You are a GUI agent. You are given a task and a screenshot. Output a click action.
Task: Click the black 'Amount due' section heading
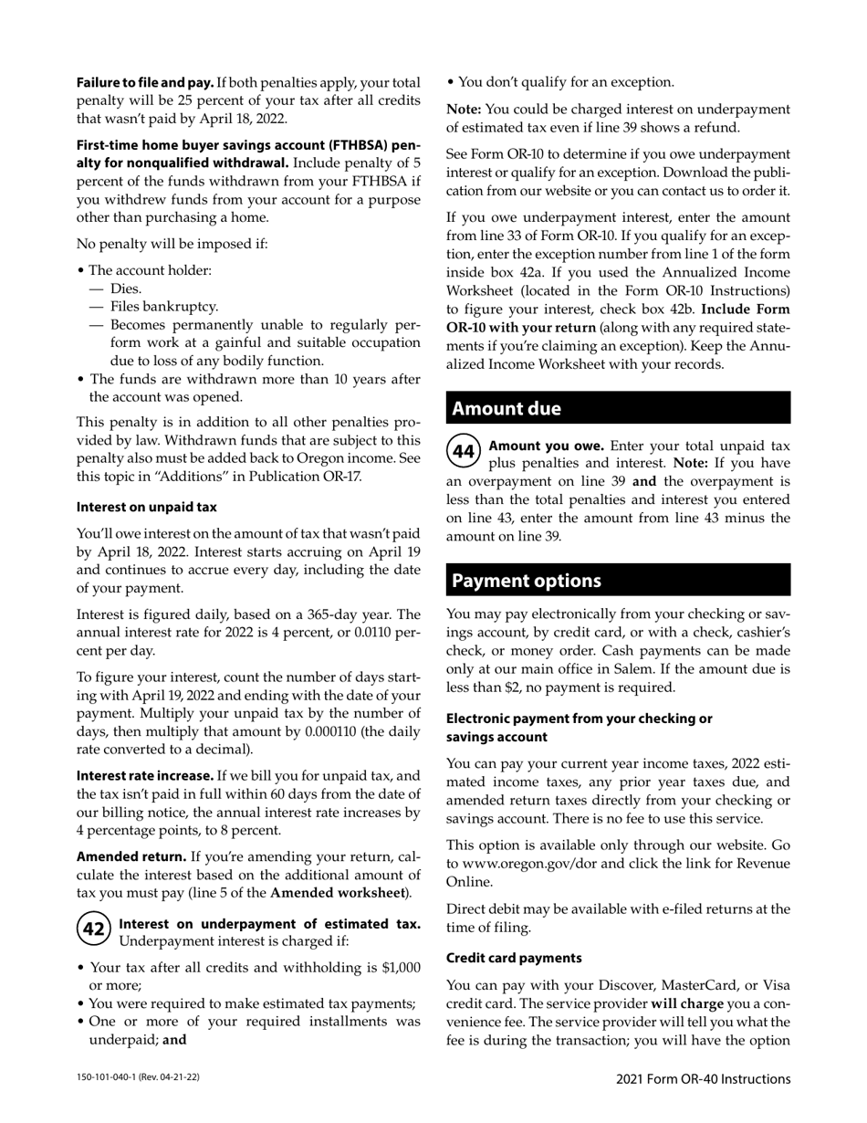point(618,408)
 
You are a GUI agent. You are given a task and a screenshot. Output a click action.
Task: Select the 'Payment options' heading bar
point(618,581)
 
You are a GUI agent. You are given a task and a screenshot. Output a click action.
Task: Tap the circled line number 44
point(464,451)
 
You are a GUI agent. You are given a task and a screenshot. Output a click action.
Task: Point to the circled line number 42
point(93,929)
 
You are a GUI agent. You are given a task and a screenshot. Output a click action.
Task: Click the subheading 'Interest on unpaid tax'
point(146,507)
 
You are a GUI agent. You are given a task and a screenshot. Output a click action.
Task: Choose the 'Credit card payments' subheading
point(514,958)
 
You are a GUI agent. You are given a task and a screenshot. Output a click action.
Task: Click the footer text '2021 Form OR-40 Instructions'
point(703,1079)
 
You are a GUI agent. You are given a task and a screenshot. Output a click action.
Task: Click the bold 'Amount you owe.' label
point(547,446)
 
